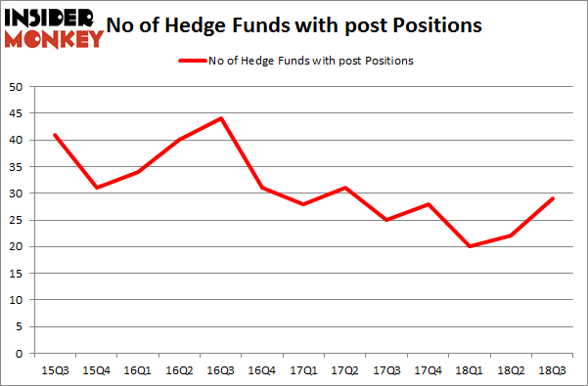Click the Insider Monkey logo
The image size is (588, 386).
(x=54, y=27)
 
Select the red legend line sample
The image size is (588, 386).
(x=191, y=61)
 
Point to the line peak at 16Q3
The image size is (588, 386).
(x=221, y=118)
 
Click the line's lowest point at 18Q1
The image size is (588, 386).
(x=470, y=246)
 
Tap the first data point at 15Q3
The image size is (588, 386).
(x=54, y=135)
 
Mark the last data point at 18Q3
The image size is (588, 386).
(x=553, y=198)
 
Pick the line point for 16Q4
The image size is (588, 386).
(x=262, y=188)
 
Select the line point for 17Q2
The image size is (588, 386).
(x=345, y=188)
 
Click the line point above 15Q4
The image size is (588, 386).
(x=96, y=188)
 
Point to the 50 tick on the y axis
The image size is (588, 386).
(x=16, y=87)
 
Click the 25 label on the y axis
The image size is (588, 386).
(x=16, y=220)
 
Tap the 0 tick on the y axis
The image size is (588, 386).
(x=20, y=353)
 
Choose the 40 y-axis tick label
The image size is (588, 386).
(x=16, y=140)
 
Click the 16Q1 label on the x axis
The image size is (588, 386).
(x=137, y=370)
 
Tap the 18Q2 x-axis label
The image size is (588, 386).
(x=512, y=370)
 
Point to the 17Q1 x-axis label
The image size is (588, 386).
(x=303, y=370)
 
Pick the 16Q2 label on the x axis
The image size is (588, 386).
(x=179, y=370)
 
